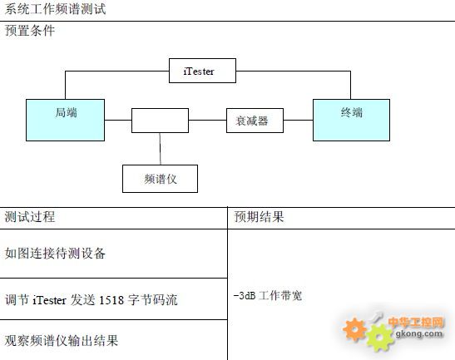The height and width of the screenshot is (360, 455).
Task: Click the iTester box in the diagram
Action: pyautogui.click(x=202, y=71)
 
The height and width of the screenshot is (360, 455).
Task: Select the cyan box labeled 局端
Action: pyautogui.click(x=65, y=120)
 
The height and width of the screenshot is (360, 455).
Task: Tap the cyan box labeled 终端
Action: pyautogui.click(x=351, y=120)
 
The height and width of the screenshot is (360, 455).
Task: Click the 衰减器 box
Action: pyautogui.click(x=255, y=121)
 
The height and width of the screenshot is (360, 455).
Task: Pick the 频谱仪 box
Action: pyautogui.click(x=160, y=179)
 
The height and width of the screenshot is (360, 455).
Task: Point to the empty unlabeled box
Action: pyautogui.click(x=160, y=121)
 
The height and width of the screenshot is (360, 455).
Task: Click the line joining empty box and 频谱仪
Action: pyautogui.click(x=161, y=149)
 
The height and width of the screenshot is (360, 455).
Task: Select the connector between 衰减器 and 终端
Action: pyautogui.click(x=299, y=120)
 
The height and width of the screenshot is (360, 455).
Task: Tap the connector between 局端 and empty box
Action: pyautogui.click(x=118, y=120)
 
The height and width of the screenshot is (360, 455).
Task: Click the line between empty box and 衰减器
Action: pyautogui.click(x=207, y=120)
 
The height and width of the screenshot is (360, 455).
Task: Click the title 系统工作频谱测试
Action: pyautogui.click(x=55, y=9)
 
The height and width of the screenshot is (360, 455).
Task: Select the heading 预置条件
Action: pyautogui.click(x=30, y=31)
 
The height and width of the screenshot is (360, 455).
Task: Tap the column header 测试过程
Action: pyautogui.click(x=30, y=217)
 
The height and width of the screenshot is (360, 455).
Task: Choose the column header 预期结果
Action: pyautogui.click(x=259, y=217)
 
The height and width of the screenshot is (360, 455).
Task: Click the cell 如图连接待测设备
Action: pyautogui.click(x=55, y=254)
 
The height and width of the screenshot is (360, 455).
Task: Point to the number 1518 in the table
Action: pyautogui.click(x=111, y=300)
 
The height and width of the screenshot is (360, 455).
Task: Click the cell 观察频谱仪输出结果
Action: pyautogui.click(x=62, y=341)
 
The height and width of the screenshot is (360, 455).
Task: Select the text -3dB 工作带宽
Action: pyautogui.click(x=268, y=296)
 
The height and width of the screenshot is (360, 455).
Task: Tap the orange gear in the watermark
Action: pyautogui.click(x=354, y=329)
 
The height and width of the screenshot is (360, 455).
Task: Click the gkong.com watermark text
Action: pyautogui.click(x=419, y=333)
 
